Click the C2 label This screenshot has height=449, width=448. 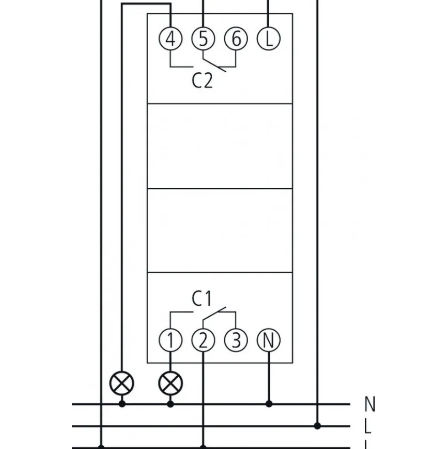click(202, 81)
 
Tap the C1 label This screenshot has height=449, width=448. click(202, 298)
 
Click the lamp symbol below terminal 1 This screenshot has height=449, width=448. click(171, 384)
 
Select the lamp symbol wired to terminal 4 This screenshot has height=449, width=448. click(122, 384)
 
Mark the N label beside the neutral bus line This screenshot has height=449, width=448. click(370, 404)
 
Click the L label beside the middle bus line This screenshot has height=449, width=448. click(368, 426)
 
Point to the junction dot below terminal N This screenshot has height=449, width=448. click(269, 404)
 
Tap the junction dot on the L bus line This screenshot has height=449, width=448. click(317, 426)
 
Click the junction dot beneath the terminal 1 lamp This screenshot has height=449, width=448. click(171, 404)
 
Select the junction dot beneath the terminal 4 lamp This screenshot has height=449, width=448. click(122, 404)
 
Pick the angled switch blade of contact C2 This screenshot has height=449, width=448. click(214, 65)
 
